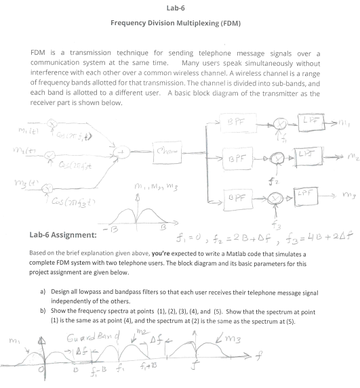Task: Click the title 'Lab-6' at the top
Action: pyautogui.click(x=180, y=8)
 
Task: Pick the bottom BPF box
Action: pyautogui.click(x=233, y=200)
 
